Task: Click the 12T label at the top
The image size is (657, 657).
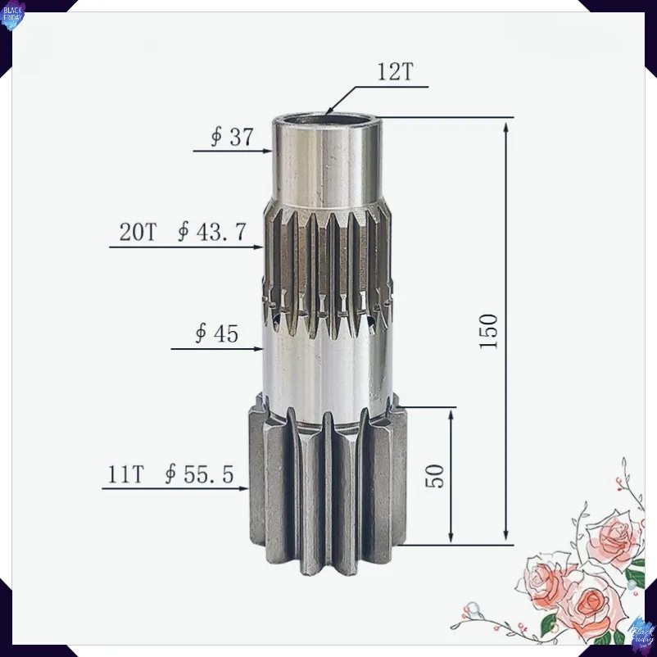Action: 395,71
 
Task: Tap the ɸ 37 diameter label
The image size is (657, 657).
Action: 232,137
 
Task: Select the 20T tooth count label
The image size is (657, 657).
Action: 138,232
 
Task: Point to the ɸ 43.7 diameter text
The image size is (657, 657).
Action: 211,232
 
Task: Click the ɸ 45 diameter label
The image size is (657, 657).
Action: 217,334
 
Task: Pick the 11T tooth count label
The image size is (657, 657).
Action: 125,474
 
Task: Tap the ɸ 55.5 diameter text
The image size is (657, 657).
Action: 199,474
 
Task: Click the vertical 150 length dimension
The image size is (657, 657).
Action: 488,331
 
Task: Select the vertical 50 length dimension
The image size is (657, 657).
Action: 434,476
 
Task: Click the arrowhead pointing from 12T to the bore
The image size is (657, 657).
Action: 329,110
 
